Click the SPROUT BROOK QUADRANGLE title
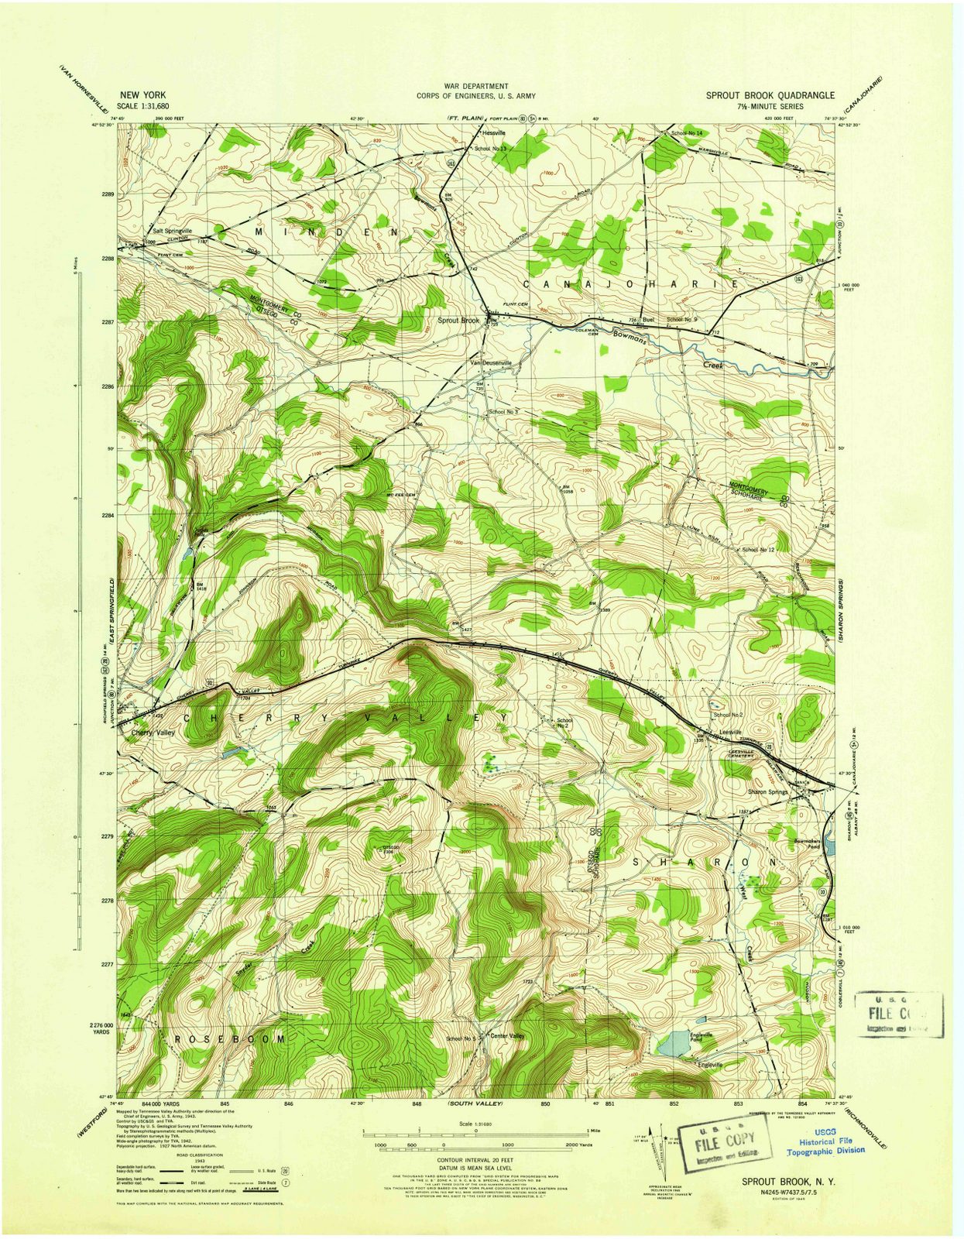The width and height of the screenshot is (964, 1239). click(x=770, y=95)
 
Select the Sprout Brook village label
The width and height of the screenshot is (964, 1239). click(x=459, y=320)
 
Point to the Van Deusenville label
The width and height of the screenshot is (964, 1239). click(x=491, y=362)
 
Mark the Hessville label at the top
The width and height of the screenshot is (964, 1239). click(x=493, y=132)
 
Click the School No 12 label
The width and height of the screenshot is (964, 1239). click(x=758, y=549)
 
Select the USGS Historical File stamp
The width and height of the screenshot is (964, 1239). click(x=826, y=1145)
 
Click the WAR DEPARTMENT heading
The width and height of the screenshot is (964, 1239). click(x=475, y=87)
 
